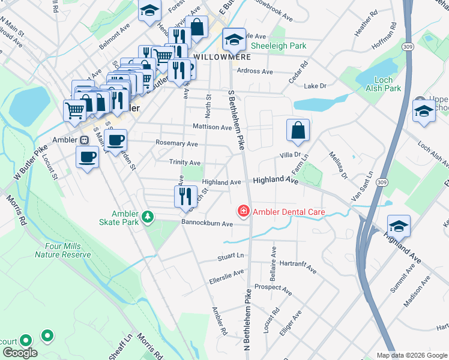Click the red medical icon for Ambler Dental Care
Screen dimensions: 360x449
[x=244, y=211]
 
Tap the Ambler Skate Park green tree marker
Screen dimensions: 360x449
[x=146, y=215]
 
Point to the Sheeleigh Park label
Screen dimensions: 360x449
[x=279, y=46]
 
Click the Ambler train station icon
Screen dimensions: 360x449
[x=84, y=139]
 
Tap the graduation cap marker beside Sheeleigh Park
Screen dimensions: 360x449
[x=234, y=40]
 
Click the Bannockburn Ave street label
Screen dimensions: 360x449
[x=207, y=223]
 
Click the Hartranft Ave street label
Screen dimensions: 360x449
[x=298, y=267]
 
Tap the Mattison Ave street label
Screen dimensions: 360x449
[x=212, y=127]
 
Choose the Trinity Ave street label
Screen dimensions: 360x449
[x=185, y=163]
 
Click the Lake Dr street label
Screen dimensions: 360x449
[x=315, y=86]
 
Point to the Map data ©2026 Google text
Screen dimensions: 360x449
[x=411, y=355]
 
